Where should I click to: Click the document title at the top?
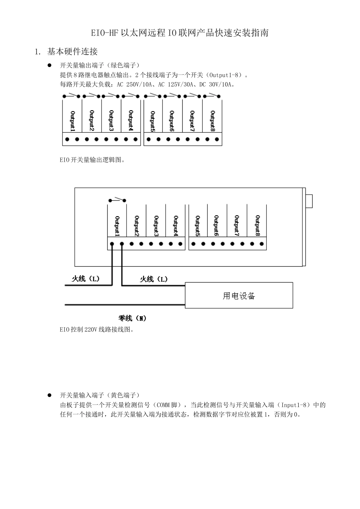[x=180, y=33]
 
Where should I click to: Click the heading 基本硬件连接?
[x=72, y=52]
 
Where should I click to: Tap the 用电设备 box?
[x=239, y=295]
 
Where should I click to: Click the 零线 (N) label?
[x=132, y=318]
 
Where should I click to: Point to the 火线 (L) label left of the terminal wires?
[x=86, y=279]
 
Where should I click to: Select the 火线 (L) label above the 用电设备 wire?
[x=153, y=279]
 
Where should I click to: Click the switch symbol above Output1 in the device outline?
[x=117, y=200]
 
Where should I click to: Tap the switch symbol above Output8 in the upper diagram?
[x=212, y=95]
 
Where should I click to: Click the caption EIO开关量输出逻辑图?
[x=92, y=160]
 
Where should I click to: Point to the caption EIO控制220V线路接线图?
[x=97, y=329]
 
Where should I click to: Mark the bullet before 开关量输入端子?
[x=49, y=395]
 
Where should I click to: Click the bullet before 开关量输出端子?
[x=49, y=65]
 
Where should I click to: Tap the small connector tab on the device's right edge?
[x=309, y=201]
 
